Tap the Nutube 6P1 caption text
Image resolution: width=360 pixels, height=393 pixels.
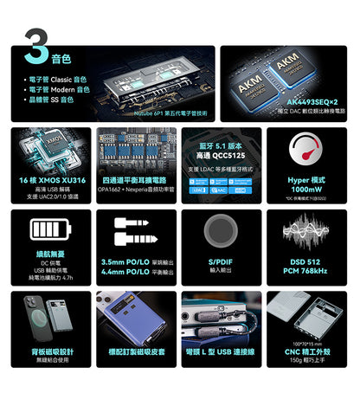(x=164, y=113)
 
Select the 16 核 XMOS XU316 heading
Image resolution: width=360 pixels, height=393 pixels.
(x=51, y=179)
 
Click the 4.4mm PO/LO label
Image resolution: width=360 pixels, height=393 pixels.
(x=125, y=271)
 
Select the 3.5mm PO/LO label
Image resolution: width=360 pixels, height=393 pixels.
(x=125, y=261)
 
